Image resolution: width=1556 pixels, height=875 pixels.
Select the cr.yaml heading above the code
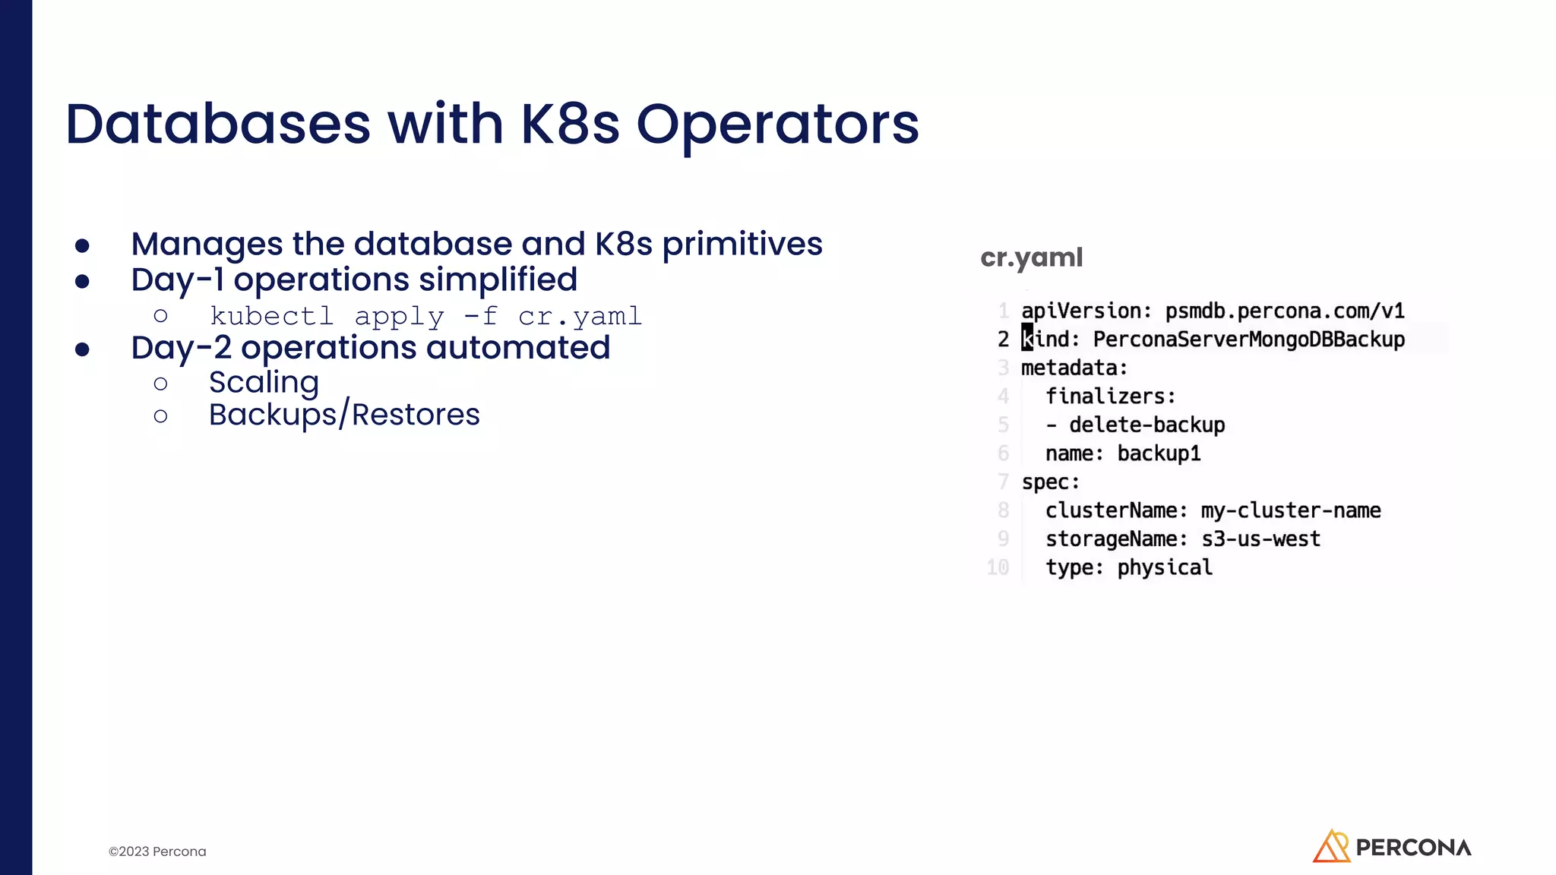pyautogui.click(x=1031, y=257)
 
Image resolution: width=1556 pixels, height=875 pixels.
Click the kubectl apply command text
pyautogui.click(x=425, y=316)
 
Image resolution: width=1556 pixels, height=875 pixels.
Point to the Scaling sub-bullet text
pyautogui.click(x=264, y=382)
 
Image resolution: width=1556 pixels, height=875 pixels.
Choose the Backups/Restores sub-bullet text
pyautogui.click(x=344, y=415)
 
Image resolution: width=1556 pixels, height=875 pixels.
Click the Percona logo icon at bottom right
pyautogui.click(x=1331, y=846)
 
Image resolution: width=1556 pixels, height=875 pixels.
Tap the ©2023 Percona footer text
pyautogui.click(x=157, y=851)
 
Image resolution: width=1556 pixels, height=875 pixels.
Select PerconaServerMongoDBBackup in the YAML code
pyautogui.click(x=1249, y=340)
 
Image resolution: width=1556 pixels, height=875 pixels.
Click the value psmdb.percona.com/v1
pyautogui.click(x=1285, y=311)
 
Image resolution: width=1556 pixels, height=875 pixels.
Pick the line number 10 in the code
pyautogui.click(x=998, y=567)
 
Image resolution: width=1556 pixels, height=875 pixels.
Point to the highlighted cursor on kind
pyautogui.click(x=1027, y=338)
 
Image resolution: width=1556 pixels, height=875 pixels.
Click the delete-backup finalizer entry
pyautogui.click(x=1146, y=425)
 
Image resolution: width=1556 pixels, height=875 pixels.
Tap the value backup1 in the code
pyautogui.click(x=1159, y=453)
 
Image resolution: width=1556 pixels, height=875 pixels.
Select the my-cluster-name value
pyautogui.click(x=1290, y=510)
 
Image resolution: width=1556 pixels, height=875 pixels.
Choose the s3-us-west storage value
pyautogui.click(x=1260, y=539)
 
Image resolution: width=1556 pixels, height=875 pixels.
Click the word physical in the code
pyautogui.click(x=1165, y=567)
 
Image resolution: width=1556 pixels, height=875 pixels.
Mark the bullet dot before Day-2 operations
pyautogui.click(x=83, y=349)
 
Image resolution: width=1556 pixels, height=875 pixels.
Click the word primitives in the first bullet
pyautogui.click(x=742, y=244)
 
